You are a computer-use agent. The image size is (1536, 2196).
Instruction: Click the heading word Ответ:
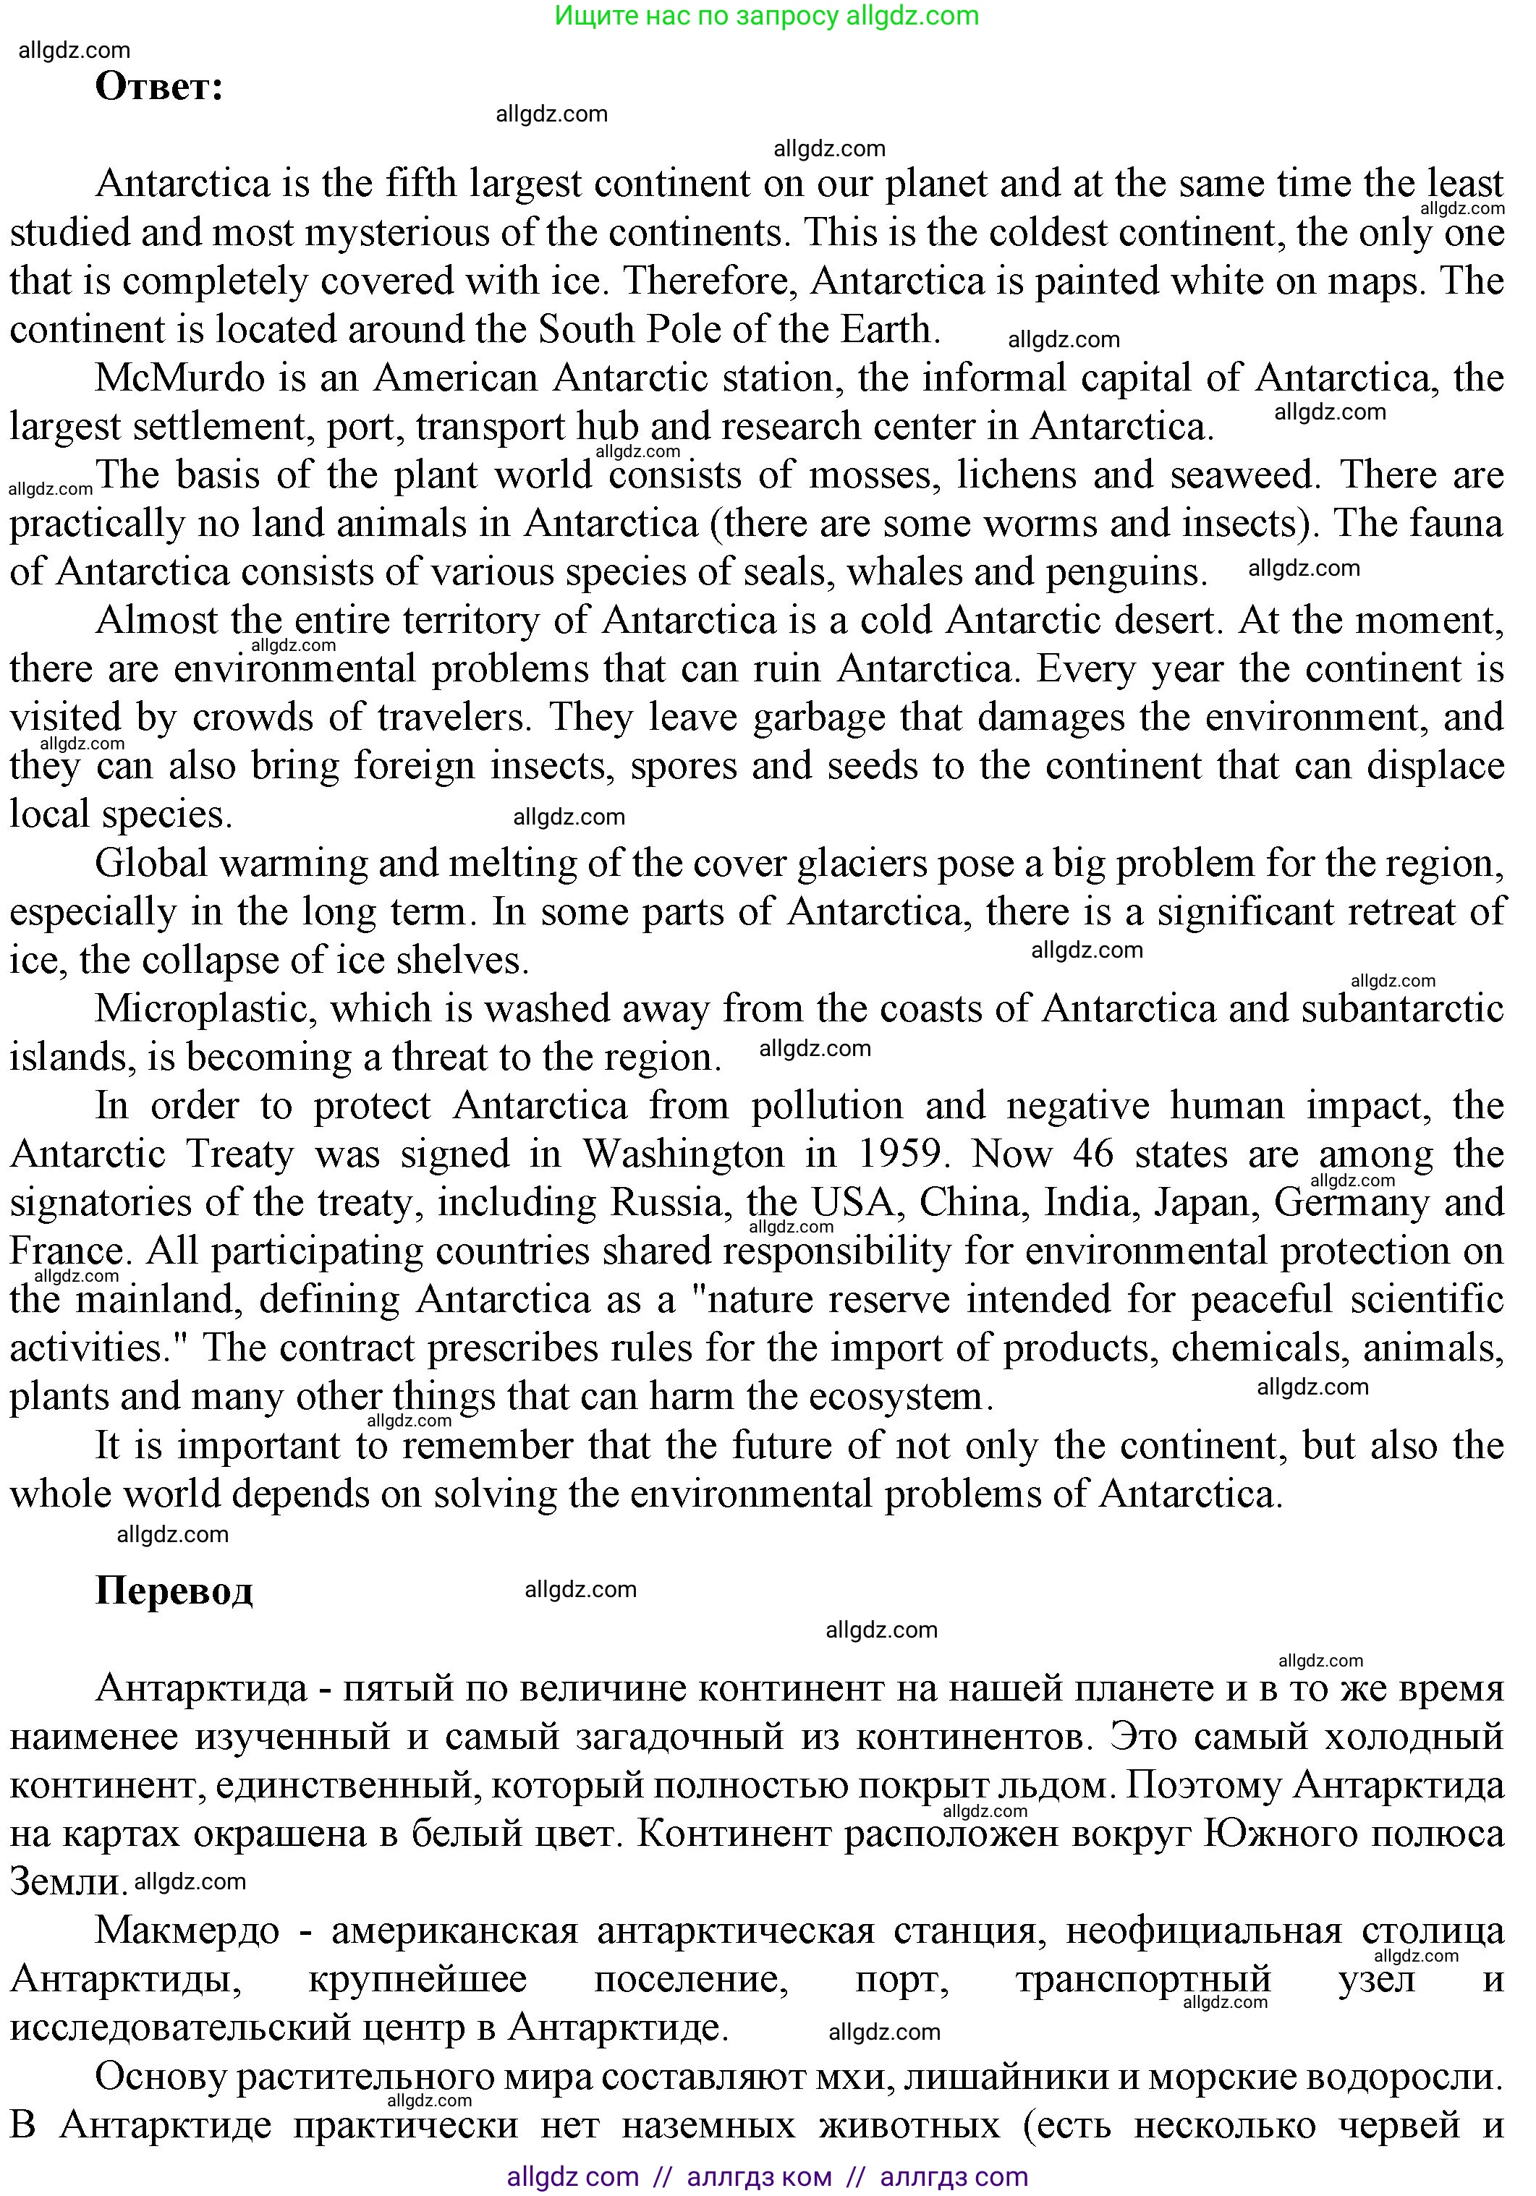[x=158, y=87]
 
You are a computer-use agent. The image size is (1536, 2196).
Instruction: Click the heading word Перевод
[x=174, y=1590]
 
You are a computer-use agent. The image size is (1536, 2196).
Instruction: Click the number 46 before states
[x=1093, y=1154]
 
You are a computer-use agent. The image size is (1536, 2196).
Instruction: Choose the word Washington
[x=684, y=1154]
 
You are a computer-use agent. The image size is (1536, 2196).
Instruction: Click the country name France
[x=67, y=1251]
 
